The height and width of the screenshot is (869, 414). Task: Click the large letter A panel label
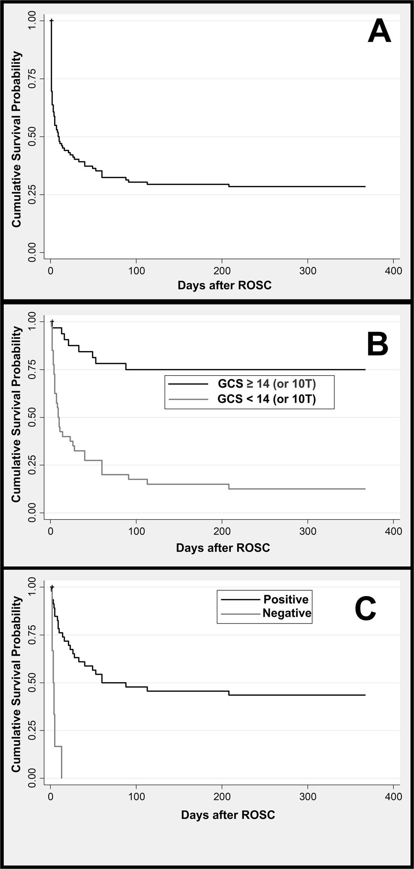pos(379,32)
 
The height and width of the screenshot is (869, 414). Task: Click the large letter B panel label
pos(377,344)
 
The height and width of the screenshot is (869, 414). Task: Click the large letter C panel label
pos(365,609)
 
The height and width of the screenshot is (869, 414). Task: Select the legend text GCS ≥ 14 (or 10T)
pos(267,383)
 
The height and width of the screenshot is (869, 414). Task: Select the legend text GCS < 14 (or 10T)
pos(267,399)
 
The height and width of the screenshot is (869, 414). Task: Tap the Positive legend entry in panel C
pos(286,599)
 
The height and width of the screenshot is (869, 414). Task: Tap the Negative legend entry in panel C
pos(287,613)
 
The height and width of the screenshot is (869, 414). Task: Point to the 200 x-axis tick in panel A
pos(222,271)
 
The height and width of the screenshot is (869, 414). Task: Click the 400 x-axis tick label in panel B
pos(393,531)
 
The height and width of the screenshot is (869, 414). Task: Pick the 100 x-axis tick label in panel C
pos(136,797)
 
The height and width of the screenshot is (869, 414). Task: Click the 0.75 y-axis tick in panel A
pos(32,79)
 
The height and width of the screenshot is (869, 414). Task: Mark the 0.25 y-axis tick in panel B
pos(32,465)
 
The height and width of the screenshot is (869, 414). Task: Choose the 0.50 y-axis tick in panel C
pos(32,683)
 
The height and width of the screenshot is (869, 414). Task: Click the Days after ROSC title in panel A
pos(224,285)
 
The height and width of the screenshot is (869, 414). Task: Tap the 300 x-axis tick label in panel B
pos(307,531)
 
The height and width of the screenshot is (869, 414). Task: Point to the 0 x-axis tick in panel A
pos(50,271)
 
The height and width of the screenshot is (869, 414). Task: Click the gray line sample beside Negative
pos(240,613)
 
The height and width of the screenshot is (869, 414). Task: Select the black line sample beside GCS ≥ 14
pos(188,383)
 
